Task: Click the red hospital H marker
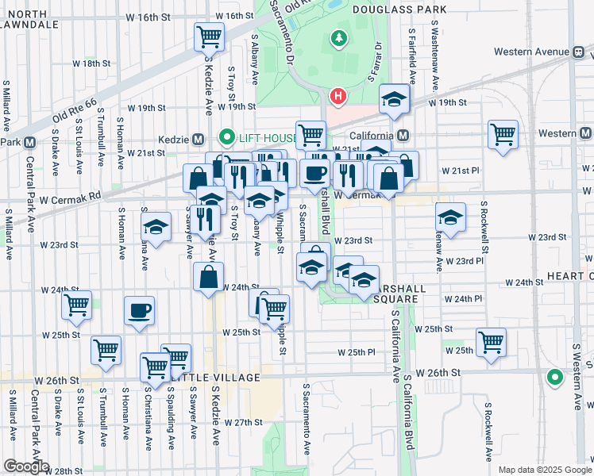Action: [338, 98]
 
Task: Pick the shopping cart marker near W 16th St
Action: [209, 36]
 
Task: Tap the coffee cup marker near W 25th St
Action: [139, 310]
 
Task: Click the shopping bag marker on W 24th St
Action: [208, 278]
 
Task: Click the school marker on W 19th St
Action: [393, 99]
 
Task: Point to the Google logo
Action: [26, 466]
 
